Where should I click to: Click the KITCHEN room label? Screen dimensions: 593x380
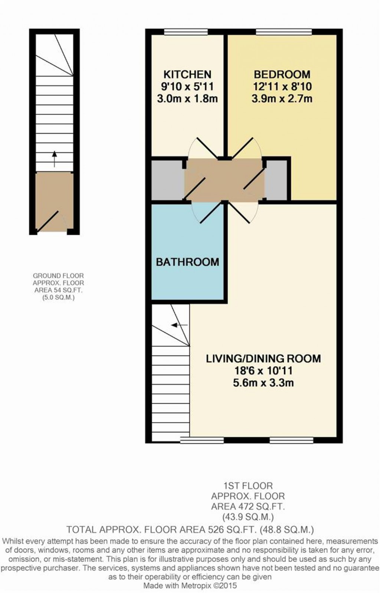(187, 74)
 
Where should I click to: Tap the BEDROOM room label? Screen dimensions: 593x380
(282, 74)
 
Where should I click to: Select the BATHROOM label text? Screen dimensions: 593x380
(187, 262)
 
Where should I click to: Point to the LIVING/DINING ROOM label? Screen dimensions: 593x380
(263, 358)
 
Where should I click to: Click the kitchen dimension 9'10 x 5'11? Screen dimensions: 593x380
(187, 86)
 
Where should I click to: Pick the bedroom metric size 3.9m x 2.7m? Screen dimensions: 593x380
(282, 99)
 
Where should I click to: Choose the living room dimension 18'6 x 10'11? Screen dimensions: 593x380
(263, 370)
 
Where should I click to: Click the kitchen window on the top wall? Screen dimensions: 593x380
(186, 32)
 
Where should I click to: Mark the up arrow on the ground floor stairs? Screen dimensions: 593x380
(55, 158)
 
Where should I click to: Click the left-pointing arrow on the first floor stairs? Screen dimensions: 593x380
(179, 325)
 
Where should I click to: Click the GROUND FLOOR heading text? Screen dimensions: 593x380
(58, 276)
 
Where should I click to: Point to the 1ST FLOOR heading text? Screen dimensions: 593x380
(248, 486)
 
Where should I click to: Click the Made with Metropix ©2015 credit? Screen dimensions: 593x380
(190, 586)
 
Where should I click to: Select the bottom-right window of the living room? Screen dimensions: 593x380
(291, 440)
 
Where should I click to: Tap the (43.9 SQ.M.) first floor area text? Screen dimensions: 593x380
(248, 517)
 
